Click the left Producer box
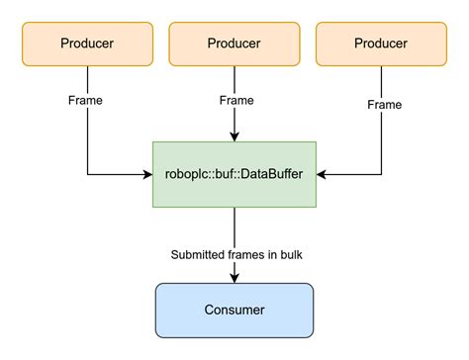click(x=87, y=43)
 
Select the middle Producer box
click(x=234, y=43)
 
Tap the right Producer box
click(x=382, y=43)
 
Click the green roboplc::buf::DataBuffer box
click(x=234, y=174)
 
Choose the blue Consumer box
click(x=234, y=310)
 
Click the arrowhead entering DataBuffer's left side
click(x=147, y=175)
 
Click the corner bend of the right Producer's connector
click(x=382, y=175)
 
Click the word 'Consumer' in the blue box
click(x=234, y=310)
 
